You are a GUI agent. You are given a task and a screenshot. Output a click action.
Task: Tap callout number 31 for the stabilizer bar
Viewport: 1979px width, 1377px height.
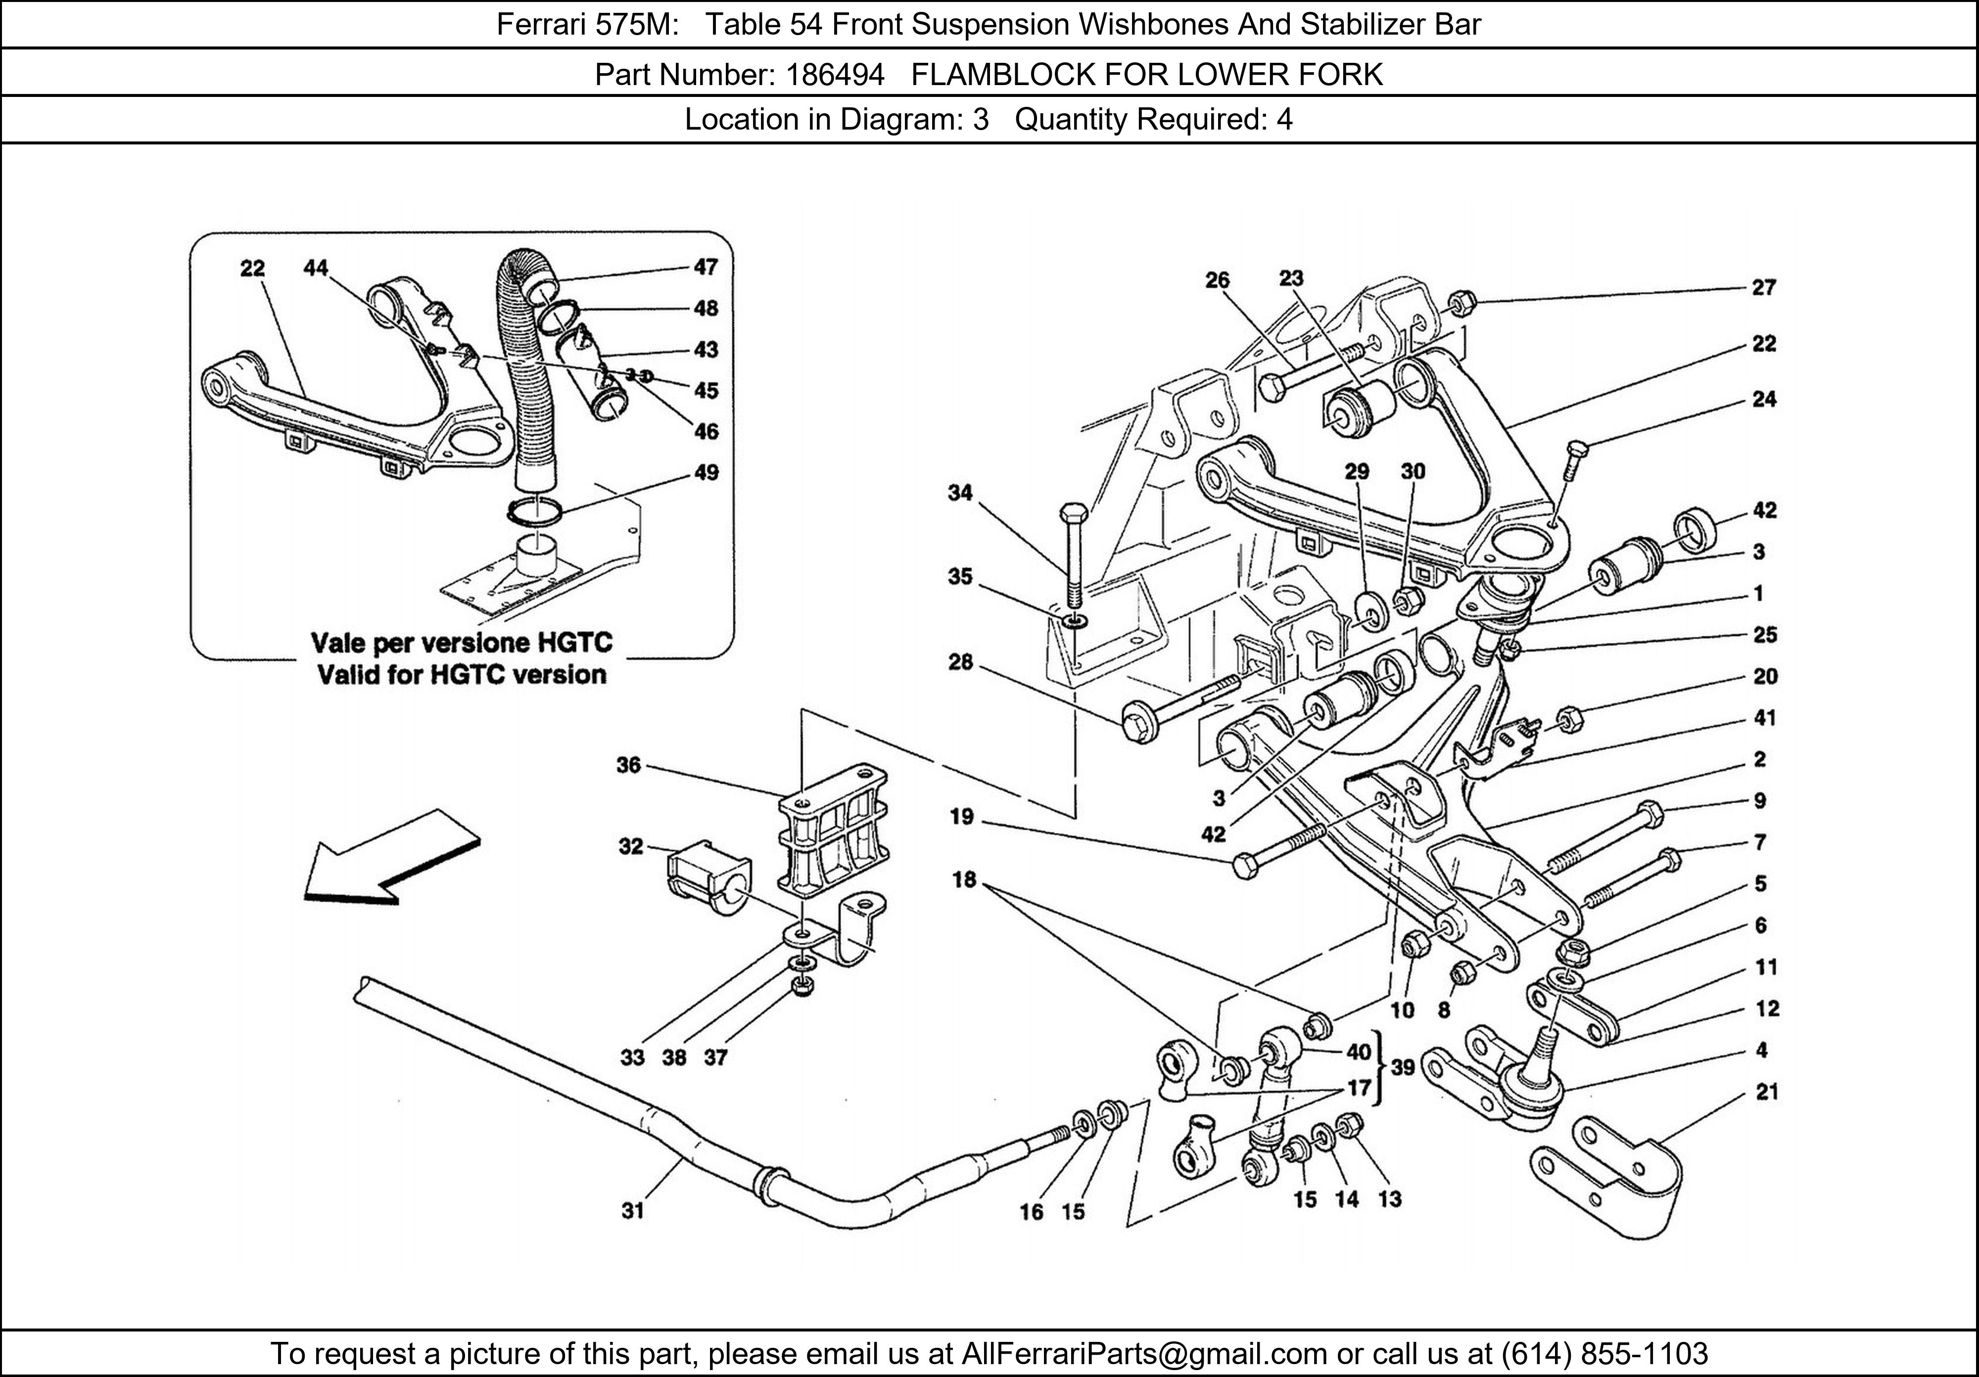[x=633, y=1211]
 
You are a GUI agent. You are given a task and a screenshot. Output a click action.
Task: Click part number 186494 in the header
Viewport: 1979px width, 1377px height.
[x=834, y=75]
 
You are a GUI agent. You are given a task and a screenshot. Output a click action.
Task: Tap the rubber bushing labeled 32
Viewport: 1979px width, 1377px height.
[x=708, y=881]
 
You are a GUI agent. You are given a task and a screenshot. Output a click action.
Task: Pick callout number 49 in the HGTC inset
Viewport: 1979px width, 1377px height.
[x=706, y=472]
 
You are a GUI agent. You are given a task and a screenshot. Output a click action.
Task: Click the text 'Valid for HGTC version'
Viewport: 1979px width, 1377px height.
[x=461, y=674]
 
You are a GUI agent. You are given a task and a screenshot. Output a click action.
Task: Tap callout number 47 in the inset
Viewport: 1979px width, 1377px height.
[x=706, y=267]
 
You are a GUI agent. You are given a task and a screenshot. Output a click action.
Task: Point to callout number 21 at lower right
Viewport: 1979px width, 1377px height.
[x=1767, y=1092]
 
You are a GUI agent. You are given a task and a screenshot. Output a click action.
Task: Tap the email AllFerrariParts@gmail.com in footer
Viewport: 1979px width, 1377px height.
[x=1144, y=1354]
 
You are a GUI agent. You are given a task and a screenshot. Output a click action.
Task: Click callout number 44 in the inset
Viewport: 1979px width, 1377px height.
[x=316, y=268]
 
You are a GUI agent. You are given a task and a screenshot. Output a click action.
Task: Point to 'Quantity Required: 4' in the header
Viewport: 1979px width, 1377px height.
[x=1153, y=119]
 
